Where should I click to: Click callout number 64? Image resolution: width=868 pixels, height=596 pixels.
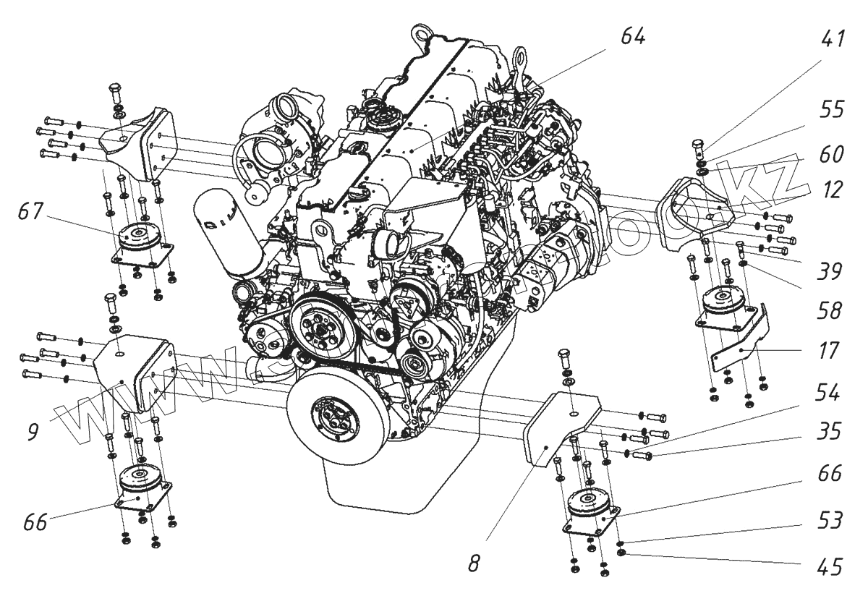(631, 36)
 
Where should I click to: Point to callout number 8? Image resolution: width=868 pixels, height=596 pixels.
(473, 563)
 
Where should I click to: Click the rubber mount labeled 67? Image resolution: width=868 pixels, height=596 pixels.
(140, 239)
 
